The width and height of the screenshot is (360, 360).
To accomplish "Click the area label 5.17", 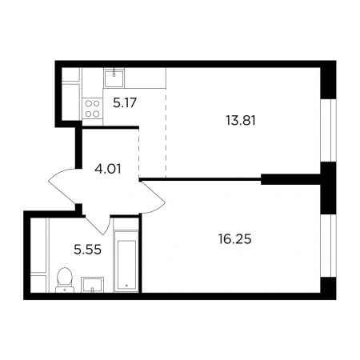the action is (x=125, y=102).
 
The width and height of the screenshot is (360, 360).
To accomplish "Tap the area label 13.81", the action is (x=241, y=121).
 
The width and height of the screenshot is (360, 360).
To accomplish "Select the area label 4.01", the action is (x=108, y=169).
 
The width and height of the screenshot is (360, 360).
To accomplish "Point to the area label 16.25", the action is (x=234, y=239).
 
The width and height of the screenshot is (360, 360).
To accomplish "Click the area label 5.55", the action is (x=87, y=250).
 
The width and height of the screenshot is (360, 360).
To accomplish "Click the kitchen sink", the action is (x=114, y=78).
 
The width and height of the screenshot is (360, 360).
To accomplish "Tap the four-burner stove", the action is (x=92, y=108).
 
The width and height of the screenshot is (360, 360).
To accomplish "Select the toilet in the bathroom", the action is (x=65, y=280).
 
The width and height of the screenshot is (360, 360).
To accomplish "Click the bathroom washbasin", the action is (x=92, y=285).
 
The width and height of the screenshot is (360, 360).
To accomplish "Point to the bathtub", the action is (x=126, y=262).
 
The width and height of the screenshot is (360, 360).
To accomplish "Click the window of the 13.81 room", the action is (x=328, y=130).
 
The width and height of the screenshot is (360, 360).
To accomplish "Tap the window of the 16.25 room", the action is (x=328, y=246).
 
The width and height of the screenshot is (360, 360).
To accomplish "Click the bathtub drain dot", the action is (x=126, y=285).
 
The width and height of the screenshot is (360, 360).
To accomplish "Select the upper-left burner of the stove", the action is (x=89, y=103).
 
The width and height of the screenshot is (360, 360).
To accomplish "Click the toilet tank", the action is (x=65, y=290).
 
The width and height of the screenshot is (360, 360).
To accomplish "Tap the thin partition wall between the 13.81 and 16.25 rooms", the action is (x=200, y=179).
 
